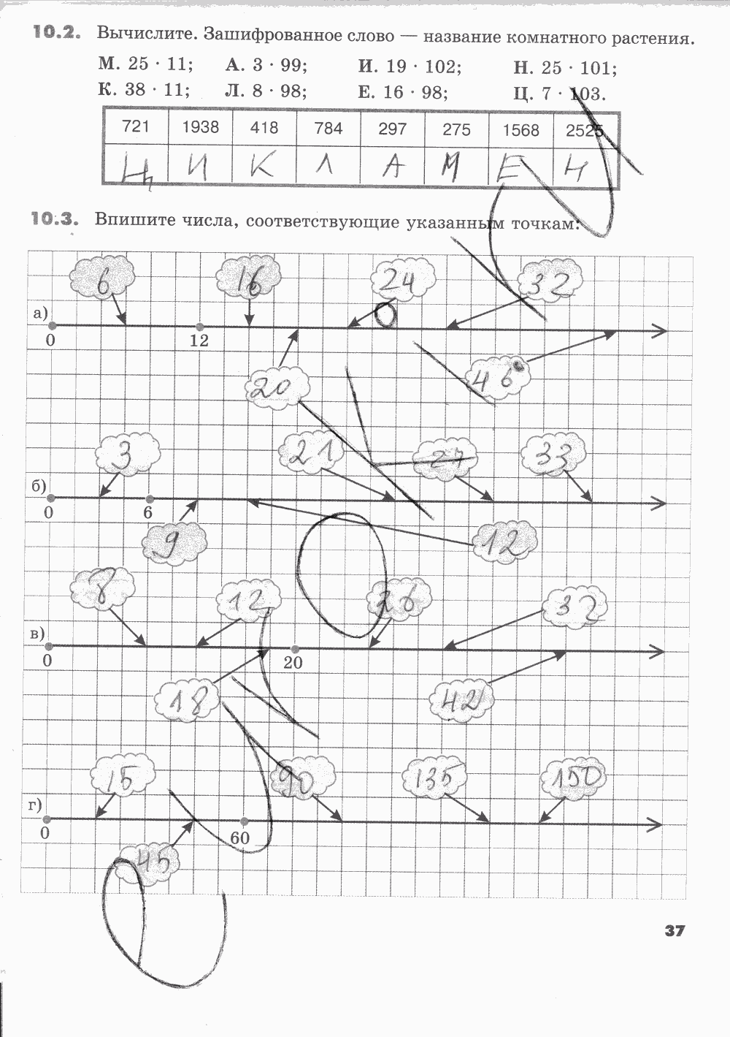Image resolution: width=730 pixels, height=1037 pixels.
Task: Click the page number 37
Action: pyautogui.click(x=674, y=930)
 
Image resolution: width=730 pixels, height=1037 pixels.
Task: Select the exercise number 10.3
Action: pyautogui.click(x=54, y=218)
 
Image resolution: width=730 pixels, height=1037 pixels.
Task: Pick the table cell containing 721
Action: pyautogui.click(x=136, y=127)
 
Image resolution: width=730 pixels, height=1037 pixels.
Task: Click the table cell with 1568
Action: pyautogui.click(x=520, y=130)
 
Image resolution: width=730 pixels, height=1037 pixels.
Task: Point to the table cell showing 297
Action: pyautogui.click(x=393, y=129)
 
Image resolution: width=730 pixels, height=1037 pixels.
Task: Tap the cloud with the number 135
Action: pyautogui.click(x=436, y=778)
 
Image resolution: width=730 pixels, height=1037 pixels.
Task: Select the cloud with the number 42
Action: pyautogui.click(x=462, y=702)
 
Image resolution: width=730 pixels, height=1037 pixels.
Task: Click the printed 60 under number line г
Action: pyautogui.click(x=239, y=838)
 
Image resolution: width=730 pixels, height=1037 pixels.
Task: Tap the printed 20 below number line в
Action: pyautogui.click(x=293, y=662)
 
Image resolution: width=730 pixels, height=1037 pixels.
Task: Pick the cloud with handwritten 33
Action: pyautogui.click(x=553, y=456)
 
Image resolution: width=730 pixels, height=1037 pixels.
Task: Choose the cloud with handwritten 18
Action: pyautogui.click(x=186, y=702)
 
